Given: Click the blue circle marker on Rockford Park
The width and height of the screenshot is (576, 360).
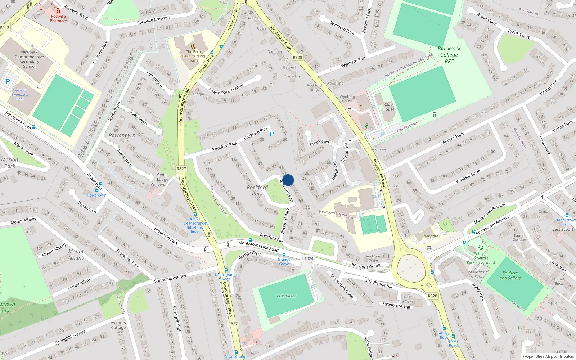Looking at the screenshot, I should (x=288, y=180).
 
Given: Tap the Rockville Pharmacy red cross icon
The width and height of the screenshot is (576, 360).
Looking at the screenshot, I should (x=58, y=11).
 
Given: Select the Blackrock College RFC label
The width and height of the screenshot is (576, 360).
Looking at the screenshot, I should (x=449, y=55).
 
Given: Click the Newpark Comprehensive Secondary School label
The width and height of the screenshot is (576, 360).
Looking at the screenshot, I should (x=29, y=59).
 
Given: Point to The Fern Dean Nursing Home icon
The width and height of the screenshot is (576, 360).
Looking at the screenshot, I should (x=193, y=46).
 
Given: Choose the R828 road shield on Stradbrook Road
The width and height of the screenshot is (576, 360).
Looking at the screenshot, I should (x=297, y=57).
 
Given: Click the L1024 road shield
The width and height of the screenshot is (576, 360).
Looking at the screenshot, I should (x=308, y=258).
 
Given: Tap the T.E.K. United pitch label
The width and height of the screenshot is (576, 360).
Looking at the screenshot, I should (x=286, y=296).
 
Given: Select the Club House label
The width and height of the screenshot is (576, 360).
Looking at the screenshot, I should (x=388, y=107).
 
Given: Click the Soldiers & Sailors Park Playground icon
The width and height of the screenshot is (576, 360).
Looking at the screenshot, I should (x=481, y=248).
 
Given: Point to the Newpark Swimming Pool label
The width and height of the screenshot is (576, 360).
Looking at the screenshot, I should (x=20, y=95).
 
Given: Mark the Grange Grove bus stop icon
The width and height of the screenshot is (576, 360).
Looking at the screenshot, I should (x=284, y=255).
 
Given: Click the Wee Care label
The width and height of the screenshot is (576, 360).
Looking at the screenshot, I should (x=431, y=236).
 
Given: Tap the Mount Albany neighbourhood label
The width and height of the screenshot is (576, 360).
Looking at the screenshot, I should (x=76, y=255).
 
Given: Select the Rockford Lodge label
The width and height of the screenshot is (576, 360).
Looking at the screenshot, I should (x=314, y=87).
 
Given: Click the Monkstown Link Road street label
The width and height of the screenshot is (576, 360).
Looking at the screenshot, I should (x=258, y=246).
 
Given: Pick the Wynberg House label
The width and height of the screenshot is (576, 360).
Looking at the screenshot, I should (x=347, y=99).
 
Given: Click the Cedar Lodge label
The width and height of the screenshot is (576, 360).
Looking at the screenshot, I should (x=162, y=177).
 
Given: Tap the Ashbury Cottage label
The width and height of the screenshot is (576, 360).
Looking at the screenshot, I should (x=118, y=325).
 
